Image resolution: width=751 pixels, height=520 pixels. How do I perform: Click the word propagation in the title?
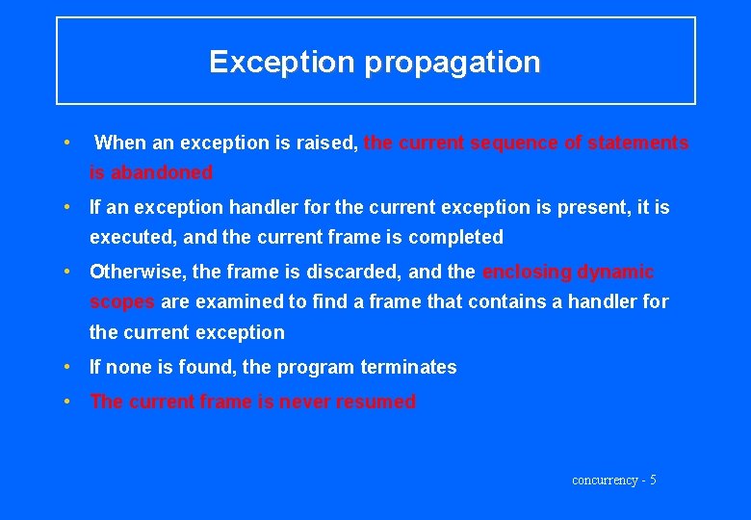(x=453, y=63)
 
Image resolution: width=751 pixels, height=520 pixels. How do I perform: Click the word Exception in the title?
(x=282, y=63)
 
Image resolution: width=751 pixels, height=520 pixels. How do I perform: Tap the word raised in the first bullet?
(x=326, y=143)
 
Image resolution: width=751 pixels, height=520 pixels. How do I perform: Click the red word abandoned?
(x=161, y=173)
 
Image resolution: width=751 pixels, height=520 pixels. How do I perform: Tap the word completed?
(x=455, y=237)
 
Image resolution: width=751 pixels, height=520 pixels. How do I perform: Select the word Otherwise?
(x=138, y=273)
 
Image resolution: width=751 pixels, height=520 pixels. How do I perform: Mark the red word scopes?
(x=121, y=302)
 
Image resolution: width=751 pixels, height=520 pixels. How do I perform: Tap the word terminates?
(x=408, y=367)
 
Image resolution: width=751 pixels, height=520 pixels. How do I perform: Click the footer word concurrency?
(x=605, y=480)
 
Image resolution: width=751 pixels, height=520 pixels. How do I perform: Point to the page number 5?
(x=653, y=480)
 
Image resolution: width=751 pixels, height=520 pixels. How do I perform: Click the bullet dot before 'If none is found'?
(x=65, y=367)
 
